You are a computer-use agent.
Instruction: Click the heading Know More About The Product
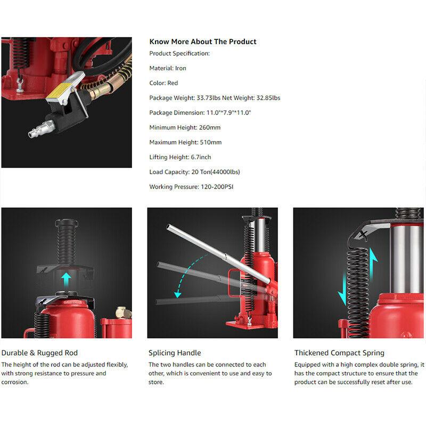[x=203, y=42]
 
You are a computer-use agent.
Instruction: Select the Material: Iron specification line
[x=168, y=68]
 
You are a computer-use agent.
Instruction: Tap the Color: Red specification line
[x=163, y=83]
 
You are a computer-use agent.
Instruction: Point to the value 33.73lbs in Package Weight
[x=208, y=98]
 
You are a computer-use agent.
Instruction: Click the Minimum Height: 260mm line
[x=185, y=127]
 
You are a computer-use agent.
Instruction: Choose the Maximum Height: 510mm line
[x=185, y=142]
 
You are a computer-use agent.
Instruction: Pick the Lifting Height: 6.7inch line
[x=180, y=157]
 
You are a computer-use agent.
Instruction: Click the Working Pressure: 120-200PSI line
[x=191, y=187]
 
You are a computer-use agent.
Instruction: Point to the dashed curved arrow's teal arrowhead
[x=177, y=294]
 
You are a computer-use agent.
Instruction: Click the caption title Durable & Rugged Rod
[x=39, y=353]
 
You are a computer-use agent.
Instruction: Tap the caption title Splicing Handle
[x=175, y=353]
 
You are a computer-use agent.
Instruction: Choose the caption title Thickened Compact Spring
[x=339, y=353]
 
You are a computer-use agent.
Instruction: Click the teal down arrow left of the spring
[x=343, y=289]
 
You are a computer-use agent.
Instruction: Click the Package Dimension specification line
[x=200, y=112]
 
